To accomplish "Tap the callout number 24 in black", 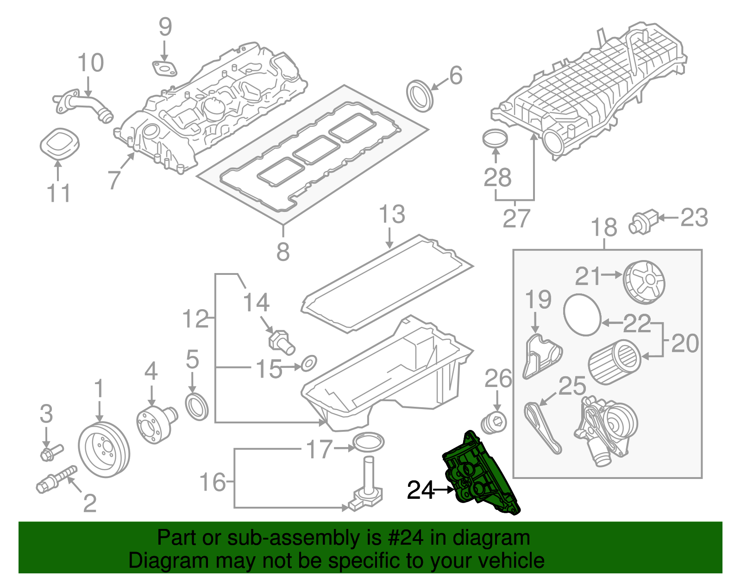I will (x=421, y=490).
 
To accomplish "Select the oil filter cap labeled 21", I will (x=644, y=282).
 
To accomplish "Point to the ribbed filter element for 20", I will (x=615, y=362).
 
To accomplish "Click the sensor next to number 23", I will (x=643, y=223).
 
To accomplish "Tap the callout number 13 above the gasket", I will (x=392, y=215).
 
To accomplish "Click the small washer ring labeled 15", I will (x=309, y=364).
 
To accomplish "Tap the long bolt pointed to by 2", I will (x=56, y=479).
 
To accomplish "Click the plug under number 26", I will (x=495, y=422).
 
